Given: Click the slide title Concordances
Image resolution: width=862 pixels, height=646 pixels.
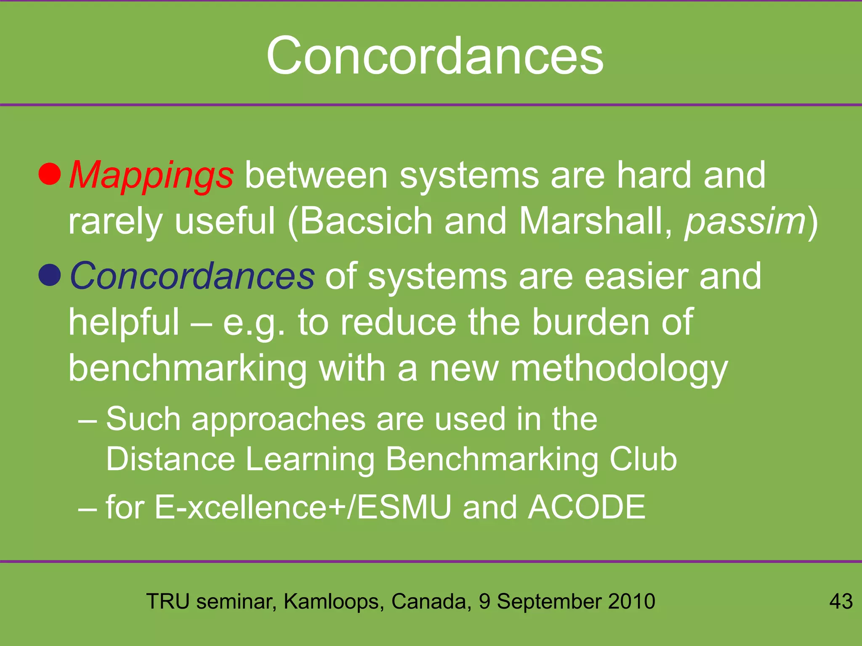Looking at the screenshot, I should tap(435, 56).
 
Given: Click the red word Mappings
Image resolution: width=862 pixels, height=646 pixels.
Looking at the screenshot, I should tap(151, 176).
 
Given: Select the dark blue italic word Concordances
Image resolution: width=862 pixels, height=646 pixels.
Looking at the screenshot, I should tap(192, 276).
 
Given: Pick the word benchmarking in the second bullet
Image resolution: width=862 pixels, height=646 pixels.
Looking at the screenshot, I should tap(187, 368).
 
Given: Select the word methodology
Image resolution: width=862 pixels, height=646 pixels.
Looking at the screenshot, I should tap(619, 368).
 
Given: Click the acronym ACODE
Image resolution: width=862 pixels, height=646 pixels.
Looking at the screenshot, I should tap(587, 507).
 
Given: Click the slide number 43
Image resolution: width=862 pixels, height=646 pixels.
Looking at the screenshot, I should tap(841, 601).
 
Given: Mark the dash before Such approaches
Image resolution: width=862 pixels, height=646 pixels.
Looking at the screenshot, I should tap(88, 420).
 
